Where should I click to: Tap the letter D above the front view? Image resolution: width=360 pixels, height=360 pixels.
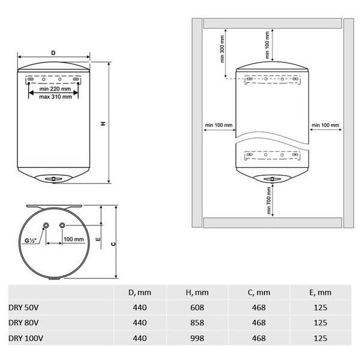coord(53,53)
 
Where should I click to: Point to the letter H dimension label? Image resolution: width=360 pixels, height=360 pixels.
coord(103,124)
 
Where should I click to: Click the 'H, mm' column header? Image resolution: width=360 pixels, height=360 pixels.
coord(197,292)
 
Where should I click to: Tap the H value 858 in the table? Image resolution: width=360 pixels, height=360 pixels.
coord(197,323)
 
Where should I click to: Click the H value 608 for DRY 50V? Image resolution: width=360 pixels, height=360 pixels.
coord(197,308)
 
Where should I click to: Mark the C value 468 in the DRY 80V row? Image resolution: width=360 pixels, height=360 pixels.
coord(259,323)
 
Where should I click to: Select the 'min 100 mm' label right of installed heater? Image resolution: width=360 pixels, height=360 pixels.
coord(325,125)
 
